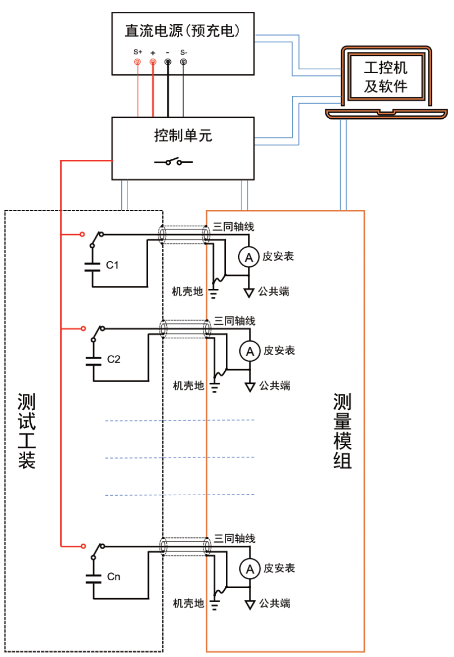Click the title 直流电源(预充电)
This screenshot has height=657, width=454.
183,31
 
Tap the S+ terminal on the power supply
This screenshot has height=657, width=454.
138,62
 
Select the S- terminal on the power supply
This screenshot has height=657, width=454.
183,62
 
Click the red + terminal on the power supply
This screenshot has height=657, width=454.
153,62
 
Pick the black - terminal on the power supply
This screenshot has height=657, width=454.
168,62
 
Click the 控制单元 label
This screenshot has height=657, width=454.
183,135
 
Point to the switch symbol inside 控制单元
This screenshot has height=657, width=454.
173,162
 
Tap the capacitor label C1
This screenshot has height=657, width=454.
112,265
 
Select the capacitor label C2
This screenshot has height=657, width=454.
113,359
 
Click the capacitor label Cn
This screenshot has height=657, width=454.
113,577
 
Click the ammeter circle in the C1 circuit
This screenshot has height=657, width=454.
249,257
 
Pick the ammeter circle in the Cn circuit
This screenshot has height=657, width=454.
250,569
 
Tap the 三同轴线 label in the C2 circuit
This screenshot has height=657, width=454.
234,321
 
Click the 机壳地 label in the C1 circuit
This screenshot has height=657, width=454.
187,291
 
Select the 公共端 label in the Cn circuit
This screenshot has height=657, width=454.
275,603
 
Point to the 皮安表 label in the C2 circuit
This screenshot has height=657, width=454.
279,350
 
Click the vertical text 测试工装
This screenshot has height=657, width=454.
27,430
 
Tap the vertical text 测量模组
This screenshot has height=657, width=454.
342,430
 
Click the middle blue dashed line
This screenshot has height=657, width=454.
179,458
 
